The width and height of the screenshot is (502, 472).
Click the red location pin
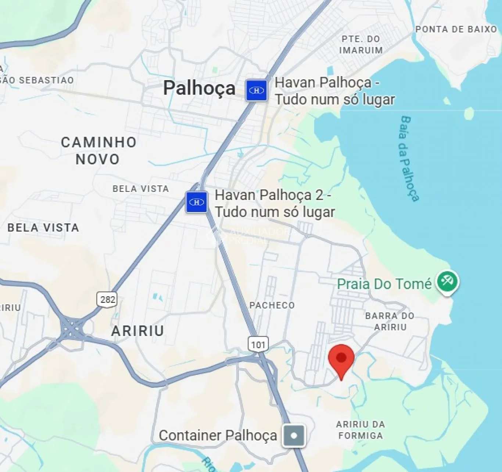[x=341, y=359]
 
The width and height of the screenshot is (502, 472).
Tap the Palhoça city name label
[x=199, y=88]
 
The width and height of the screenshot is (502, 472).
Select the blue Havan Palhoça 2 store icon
[x=197, y=202]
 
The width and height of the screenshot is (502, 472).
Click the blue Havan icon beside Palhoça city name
[x=257, y=90]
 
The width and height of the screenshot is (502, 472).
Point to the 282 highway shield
[x=107, y=299]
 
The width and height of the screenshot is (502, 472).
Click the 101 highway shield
[x=258, y=344]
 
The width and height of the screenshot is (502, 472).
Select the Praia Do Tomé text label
[x=384, y=284]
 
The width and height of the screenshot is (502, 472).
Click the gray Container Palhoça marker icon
[x=294, y=436]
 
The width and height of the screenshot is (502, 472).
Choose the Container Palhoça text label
[x=218, y=436]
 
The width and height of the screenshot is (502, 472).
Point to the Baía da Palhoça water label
[x=409, y=158]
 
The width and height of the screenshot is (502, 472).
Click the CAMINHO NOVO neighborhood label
[x=98, y=151]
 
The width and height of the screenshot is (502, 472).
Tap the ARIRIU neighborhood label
[x=137, y=331]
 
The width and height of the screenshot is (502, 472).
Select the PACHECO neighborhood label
[x=272, y=305]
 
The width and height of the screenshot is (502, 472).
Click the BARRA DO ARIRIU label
[x=390, y=321]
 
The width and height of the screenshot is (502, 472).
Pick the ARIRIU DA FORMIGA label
[x=361, y=430]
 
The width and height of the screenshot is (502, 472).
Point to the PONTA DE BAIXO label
[x=456, y=29]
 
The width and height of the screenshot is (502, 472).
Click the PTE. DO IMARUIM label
[x=361, y=44]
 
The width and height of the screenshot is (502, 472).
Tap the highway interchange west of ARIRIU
[x=72, y=328]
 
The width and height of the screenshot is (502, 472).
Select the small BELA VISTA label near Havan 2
[x=141, y=189]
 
